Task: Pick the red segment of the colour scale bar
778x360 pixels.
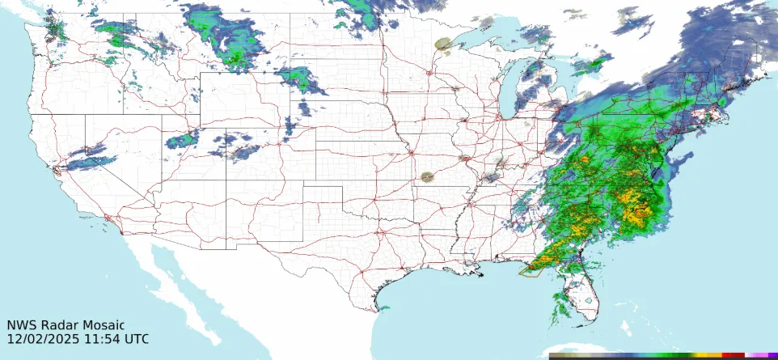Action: point(732,356)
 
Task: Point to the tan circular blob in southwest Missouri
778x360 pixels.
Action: point(427,177)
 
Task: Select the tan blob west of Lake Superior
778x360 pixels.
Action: point(442,44)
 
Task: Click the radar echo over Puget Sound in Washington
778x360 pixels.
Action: point(54,31)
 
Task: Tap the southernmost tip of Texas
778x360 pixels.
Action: point(381,310)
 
